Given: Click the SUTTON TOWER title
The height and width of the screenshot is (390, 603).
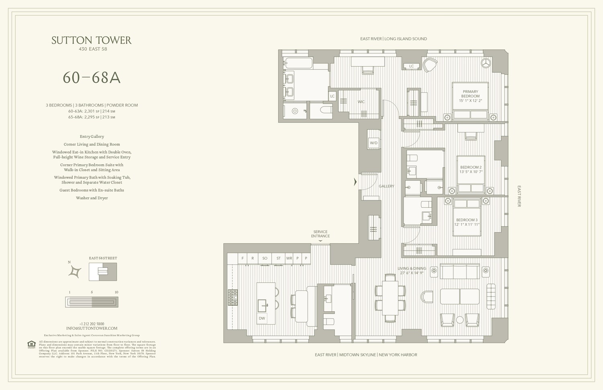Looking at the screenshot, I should coord(92,40).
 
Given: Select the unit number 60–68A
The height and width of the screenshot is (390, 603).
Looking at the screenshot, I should coord(92,78).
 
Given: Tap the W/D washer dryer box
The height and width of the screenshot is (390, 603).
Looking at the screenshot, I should coord(374,143).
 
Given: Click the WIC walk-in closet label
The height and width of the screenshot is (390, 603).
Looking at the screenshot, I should coord(361,102).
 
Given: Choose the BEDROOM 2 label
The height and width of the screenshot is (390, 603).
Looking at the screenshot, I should coord(471,169).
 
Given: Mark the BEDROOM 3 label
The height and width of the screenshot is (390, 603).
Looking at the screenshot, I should coord(467,222).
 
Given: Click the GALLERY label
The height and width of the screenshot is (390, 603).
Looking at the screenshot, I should coord(386,186).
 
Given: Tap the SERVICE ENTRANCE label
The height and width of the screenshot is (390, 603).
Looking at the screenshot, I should coord(320,234).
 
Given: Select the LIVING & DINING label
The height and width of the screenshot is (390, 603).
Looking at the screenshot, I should coord(412,271).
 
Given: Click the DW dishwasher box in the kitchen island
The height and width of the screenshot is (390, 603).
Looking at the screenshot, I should coord(262,319).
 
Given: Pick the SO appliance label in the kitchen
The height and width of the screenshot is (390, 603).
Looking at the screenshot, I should coord(265,258).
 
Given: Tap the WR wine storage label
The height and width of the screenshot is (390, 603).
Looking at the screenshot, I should coord(289,258).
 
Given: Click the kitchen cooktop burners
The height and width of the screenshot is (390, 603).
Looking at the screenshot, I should coord(233,298).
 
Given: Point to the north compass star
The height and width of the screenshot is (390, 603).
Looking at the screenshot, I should coord(75,272).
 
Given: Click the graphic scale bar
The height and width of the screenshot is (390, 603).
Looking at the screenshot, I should coord(92,302).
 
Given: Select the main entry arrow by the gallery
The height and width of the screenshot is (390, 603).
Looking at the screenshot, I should coord(355,182).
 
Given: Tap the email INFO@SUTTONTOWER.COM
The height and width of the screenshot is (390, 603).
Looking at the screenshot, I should coord(92,328).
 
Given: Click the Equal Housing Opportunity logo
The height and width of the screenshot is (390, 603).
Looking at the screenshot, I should coord(31,344).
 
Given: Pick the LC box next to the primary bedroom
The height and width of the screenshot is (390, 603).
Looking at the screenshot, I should coord(411,66).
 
